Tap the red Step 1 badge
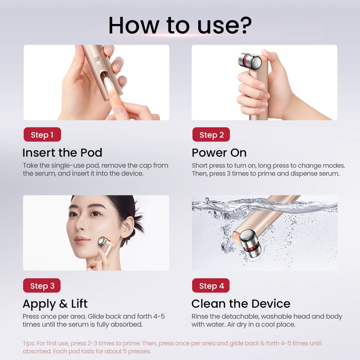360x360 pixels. pyautogui.click(x=42, y=135)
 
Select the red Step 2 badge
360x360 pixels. pyautogui.click(x=211, y=135)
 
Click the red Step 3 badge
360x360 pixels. pyautogui.click(x=42, y=286)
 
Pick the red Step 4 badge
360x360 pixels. pyautogui.click(x=211, y=286)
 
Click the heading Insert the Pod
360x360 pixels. pyautogui.click(x=62, y=153)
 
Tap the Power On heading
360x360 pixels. pyautogui.click(x=219, y=153)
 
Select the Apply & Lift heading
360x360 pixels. pyautogui.click(x=55, y=304)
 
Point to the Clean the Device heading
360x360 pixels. pyautogui.click(x=241, y=304)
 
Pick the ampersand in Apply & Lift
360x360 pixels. pyautogui.click(x=63, y=304)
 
